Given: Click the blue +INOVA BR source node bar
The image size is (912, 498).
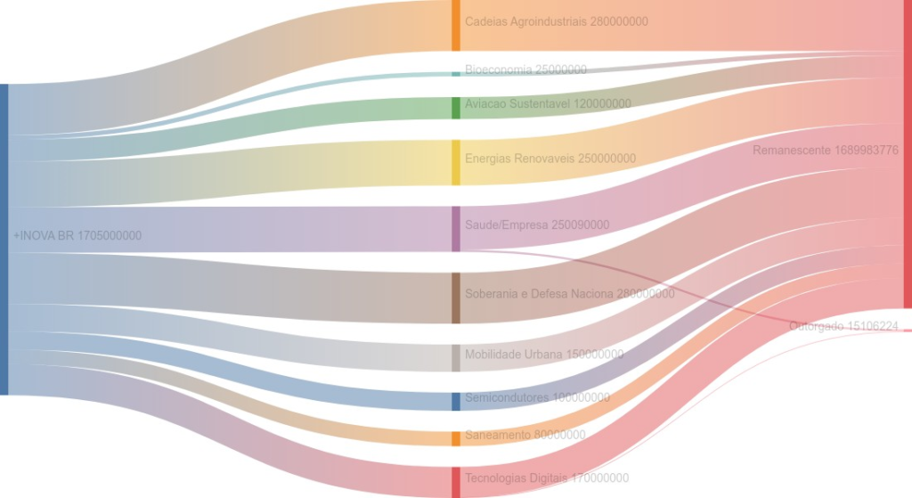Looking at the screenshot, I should click(x=4, y=239).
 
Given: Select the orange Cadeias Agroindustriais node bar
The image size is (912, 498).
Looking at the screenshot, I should click(x=456, y=25).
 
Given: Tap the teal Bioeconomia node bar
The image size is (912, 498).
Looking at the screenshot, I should click(x=456, y=73).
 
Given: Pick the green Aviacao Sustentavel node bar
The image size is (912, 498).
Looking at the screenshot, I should click(x=456, y=108).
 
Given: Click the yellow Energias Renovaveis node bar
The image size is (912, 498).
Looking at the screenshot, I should click(x=456, y=162).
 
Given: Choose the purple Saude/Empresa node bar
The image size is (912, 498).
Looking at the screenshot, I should click(x=456, y=229).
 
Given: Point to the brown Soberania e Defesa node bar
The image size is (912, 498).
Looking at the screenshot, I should click(x=456, y=298).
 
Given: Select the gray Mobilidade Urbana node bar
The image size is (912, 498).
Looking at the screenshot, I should click(x=456, y=357).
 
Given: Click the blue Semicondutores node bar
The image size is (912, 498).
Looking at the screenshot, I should click(x=456, y=401).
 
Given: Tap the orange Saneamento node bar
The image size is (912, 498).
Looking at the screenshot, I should click(x=456, y=437).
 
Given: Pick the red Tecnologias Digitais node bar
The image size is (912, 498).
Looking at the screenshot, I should click(x=456, y=482).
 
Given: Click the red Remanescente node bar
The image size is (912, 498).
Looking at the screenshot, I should click(x=907, y=153).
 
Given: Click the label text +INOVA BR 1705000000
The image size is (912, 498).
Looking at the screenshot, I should click(x=77, y=236).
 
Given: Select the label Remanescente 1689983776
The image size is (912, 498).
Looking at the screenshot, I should click(x=825, y=151).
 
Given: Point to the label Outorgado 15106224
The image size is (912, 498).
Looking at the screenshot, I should click(x=843, y=327).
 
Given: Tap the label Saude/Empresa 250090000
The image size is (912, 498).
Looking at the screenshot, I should click(x=537, y=225).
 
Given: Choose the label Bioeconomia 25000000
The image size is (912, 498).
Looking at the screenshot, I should click(x=525, y=69).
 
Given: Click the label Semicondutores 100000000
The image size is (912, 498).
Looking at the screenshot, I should click(x=537, y=397).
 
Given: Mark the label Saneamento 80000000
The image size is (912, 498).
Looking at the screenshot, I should click(x=525, y=435).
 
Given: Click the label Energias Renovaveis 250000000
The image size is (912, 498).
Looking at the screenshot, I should click(x=550, y=159).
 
